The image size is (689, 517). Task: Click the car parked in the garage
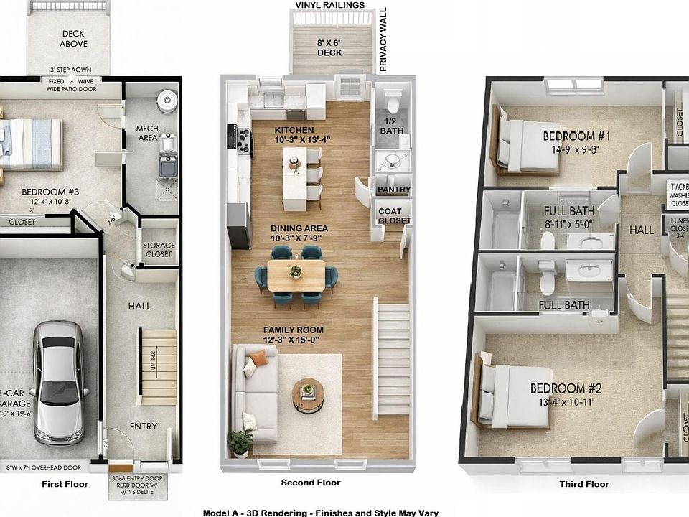(x=58, y=381)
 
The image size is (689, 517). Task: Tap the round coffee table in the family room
(x=308, y=394)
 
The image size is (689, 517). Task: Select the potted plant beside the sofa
(x=240, y=442)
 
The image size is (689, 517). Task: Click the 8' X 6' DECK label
(x=330, y=47)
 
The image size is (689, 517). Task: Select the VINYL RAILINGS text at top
(x=329, y=5)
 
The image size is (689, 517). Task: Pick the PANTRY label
(x=393, y=190)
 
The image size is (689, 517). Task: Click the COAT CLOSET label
(x=393, y=215)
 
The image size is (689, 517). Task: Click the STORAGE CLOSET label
(x=158, y=250)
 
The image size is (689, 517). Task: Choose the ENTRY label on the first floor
(x=143, y=427)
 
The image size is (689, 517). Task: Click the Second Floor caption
(x=310, y=483)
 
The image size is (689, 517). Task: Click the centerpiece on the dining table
(x=295, y=271)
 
